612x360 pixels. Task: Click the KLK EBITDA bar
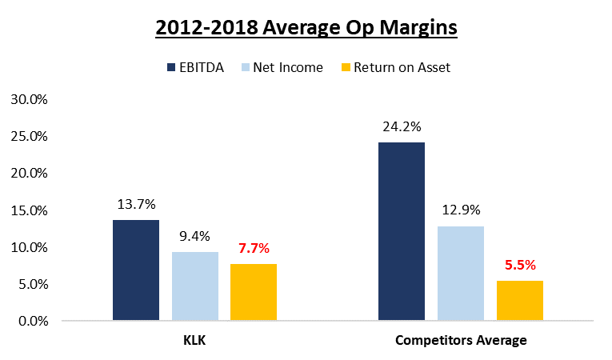point(136,270)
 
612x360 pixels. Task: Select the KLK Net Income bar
point(195,286)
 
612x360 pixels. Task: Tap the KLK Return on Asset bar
point(254,292)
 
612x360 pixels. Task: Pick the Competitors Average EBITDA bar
point(402,232)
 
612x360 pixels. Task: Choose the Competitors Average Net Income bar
point(461,274)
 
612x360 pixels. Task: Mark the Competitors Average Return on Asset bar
point(520,301)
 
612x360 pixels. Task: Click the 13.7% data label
point(136,204)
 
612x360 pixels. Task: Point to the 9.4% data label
point(195,236)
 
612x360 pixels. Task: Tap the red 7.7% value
point(254,248)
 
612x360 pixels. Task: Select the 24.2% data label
point(402,126)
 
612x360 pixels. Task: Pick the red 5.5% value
point(520,265)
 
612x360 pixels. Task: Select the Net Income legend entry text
point(288,67)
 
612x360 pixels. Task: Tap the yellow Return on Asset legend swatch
point(347,67)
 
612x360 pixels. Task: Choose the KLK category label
point(195,341)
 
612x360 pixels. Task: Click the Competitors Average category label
point(461,341)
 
